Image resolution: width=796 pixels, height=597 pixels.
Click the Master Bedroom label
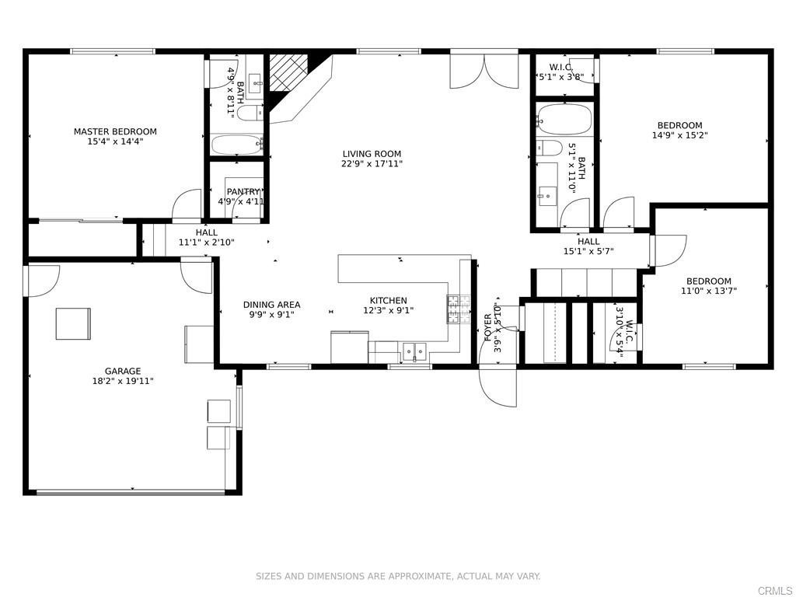tap(115, 131)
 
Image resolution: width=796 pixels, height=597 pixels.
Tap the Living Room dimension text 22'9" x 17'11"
tap(372, 164)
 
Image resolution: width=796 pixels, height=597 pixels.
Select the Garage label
tap(123, 371)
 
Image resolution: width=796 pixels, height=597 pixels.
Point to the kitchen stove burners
tap(459, 309)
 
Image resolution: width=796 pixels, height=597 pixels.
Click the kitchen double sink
tap(415, 351)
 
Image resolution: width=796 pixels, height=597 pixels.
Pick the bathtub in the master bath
tap(236, 145)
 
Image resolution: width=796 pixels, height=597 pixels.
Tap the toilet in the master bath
tap(250, 113)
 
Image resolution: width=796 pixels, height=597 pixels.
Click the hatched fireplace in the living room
tap(288, 72)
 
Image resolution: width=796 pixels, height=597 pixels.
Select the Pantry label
tap(243, 192)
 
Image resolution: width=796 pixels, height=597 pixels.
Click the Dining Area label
tap(271, 305)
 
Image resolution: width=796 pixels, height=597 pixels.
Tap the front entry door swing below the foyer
tap(498, 386)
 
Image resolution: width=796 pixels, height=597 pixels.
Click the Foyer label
tap(488, 327)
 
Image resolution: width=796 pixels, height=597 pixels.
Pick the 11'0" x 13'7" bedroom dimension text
tap(709, 292)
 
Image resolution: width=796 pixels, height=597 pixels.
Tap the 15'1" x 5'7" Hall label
tap(588, 242)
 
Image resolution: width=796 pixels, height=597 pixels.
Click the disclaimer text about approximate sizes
tap(398, 576)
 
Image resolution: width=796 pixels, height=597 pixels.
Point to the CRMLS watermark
tap(775, 591)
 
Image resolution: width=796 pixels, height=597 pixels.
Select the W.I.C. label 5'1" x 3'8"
tap(561, 67)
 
